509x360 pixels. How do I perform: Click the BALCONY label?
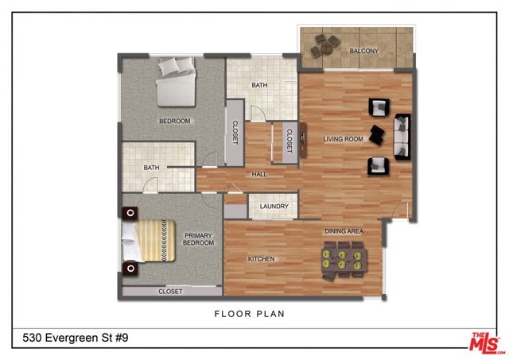(x=364, y=51)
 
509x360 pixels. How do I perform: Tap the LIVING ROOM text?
(x=343, y=139)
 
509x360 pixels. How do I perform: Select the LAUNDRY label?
(x=274, y=207)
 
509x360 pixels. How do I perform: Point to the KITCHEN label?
(x=262, y=259)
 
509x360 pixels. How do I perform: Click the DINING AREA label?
(x=344, y=231)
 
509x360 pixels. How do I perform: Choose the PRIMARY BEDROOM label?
(x=198, y=239)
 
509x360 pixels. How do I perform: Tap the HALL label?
(x=259, y=175)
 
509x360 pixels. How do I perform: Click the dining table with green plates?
(x=344, y=260)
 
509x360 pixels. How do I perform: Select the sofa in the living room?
(x=402, y=137)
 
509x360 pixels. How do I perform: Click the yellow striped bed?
(x=149, y=240)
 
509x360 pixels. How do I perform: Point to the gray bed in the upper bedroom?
(x=177, y=82)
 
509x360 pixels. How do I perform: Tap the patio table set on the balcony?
(x=325, y=46)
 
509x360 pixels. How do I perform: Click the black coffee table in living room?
(x=377, y=135)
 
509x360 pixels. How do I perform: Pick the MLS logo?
(x=488, y=343)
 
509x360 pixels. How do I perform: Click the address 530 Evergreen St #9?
(x=76, y=338)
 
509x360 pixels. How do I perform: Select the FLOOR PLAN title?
(x=250, y=314)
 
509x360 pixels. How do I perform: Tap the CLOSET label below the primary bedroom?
(x=170, y=292)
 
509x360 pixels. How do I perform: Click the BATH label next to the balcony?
(x=260, y=85)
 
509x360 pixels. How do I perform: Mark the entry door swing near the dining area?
(x=400, y=210)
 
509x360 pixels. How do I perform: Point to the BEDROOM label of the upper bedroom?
(x=175, y=121)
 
